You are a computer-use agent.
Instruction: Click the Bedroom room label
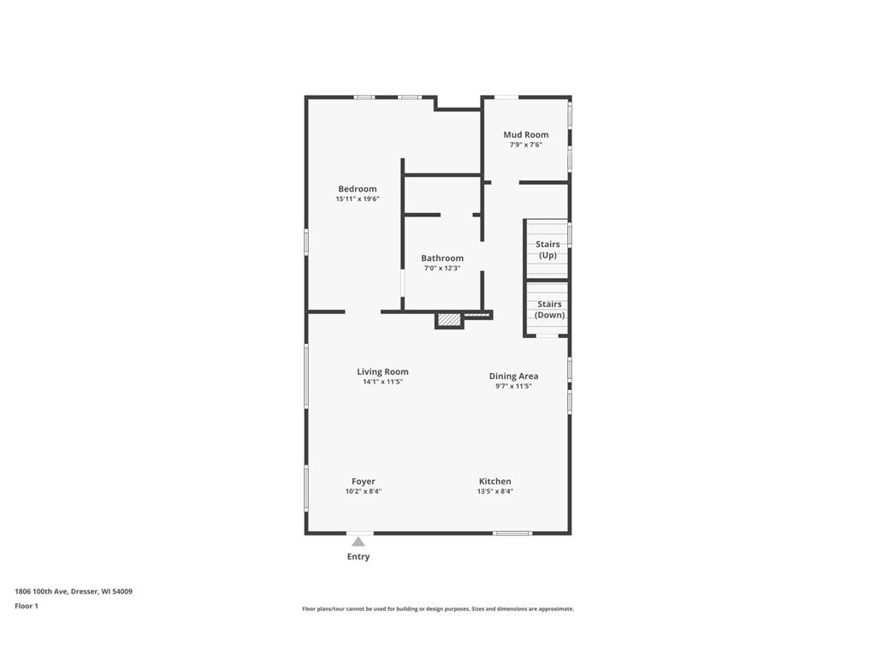[357, 189]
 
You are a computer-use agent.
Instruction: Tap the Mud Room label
[525, 134]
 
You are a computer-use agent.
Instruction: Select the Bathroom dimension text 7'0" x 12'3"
[442, 269]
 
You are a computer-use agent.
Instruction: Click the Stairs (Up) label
[547, 250]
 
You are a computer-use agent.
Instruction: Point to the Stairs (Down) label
[549, 310]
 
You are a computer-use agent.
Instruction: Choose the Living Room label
[382, 371]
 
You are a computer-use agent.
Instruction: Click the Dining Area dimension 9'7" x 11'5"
[513, 386]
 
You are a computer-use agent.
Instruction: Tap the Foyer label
[363, 482]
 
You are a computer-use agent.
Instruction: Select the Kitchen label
[494, 482]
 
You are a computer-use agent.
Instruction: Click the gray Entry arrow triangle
[358, 542]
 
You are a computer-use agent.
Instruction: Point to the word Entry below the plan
[358, 557]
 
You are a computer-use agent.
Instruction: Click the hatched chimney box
[449, 320]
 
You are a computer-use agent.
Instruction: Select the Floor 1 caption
[27, 606]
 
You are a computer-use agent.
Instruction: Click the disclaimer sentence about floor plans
[437, 609]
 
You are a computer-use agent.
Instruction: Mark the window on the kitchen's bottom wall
[512, 534]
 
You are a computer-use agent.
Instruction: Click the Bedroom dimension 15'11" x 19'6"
[357, 199]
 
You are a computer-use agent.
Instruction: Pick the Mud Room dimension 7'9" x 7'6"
[525, 145]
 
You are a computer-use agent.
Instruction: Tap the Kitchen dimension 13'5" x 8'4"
[494, 492]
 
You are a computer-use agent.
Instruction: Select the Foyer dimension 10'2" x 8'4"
[363, 492]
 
